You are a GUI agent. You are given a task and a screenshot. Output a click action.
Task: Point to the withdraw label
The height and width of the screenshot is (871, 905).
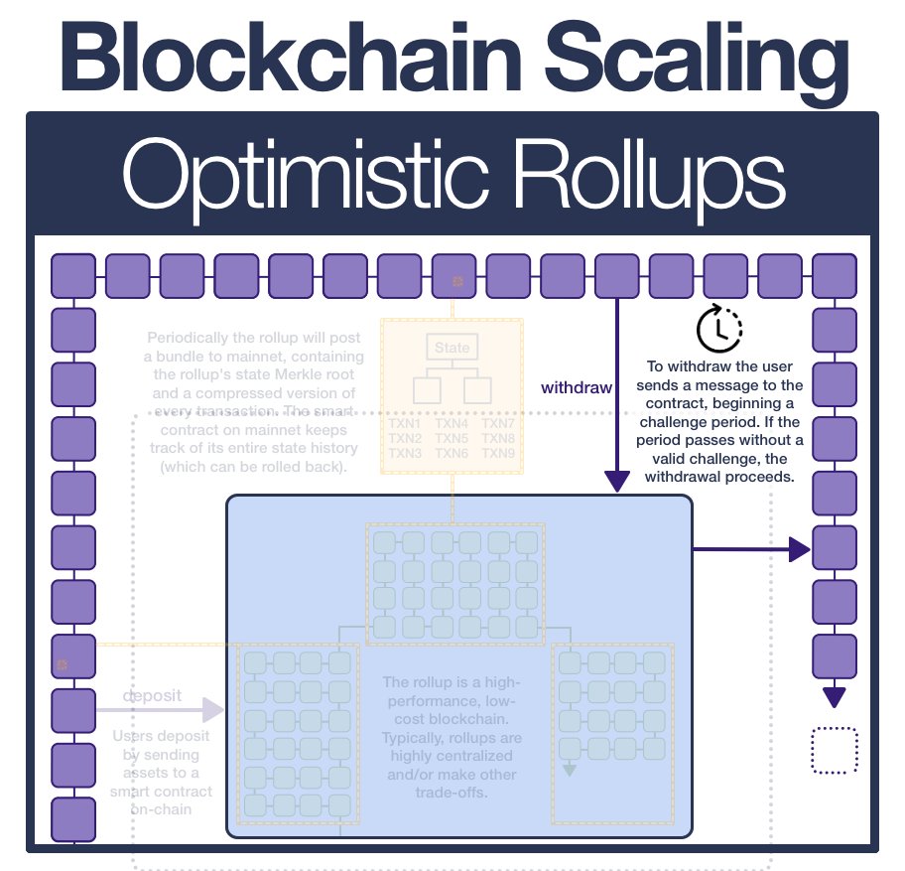(577, 387)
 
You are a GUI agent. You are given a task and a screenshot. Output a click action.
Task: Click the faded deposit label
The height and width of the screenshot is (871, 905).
(152, 695)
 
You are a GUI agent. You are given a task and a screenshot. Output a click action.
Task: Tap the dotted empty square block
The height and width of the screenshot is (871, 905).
(835, 750)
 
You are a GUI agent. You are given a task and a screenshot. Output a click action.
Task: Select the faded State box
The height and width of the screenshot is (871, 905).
(452, 348)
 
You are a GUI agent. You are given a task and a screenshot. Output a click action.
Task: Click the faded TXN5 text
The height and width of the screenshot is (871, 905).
(452, 438)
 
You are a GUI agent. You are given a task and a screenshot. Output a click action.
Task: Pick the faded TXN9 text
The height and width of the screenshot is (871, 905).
(498, 453)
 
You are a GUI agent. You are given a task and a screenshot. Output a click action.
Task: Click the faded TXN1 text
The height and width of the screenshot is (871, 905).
(405, 423)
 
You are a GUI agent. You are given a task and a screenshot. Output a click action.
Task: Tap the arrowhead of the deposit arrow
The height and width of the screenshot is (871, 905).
(213, 709)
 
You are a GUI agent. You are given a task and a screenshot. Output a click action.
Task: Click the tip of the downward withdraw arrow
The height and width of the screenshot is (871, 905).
(618, 482)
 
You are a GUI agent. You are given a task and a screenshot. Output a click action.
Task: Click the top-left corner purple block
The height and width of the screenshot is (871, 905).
(72, 275)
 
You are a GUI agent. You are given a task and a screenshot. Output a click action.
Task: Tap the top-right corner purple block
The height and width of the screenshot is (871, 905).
(834, 275)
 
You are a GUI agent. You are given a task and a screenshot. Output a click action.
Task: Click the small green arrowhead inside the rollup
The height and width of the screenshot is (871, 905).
(570, 769)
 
